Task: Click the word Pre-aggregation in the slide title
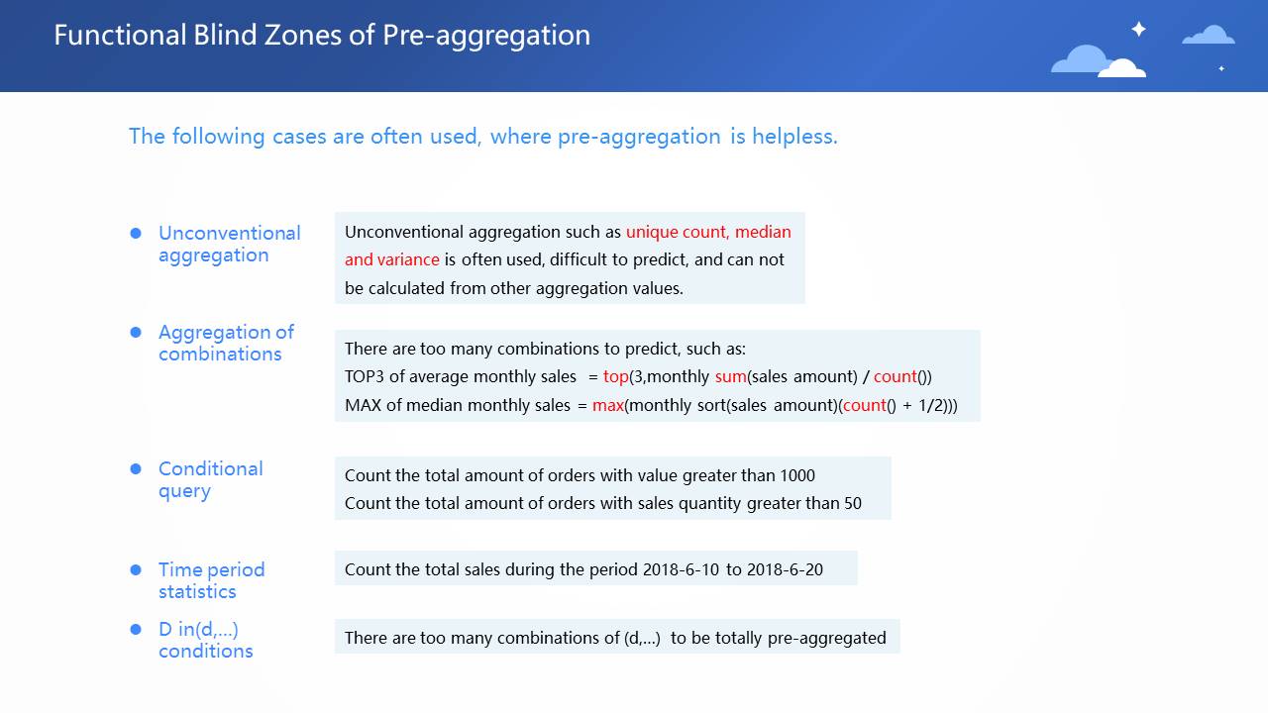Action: [x=486, y=36]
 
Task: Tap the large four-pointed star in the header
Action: [x=1138, y=29]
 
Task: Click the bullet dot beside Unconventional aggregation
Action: [x=136, y=233]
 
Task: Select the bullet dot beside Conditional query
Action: [x=136, y=468]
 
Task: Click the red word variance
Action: [x=408, y=259]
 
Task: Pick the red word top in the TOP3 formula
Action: [x=616, y=377]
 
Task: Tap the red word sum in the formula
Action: [x=731, y=377]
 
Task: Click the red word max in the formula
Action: [x=608, y=405]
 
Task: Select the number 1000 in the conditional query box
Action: [x=797, y=475]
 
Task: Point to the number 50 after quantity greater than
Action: [x=853, y=503]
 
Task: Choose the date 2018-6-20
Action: [x=786, y=569]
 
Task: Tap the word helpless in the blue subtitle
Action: [x=794, y=137]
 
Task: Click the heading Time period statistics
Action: [x=212, y=580]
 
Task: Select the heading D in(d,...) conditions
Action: [x=205, y=640]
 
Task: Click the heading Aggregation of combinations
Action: [x=227, y=343]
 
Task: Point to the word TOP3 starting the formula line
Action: [x=365, y=377]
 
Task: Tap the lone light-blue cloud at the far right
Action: [x=1209, y=35]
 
